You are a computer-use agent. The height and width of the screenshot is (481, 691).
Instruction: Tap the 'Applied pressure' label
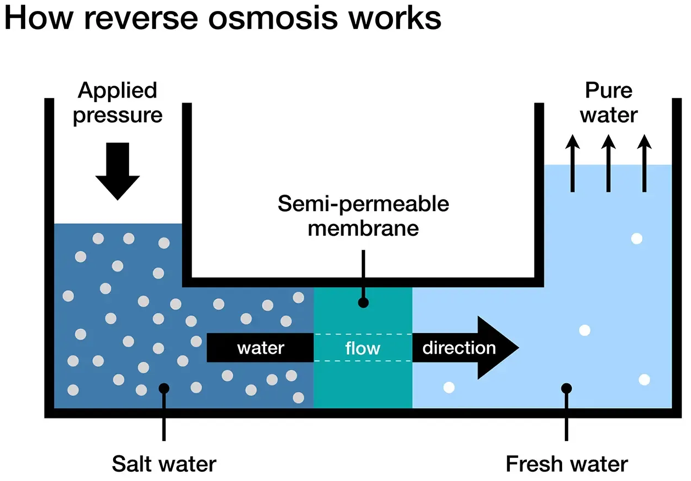[117, 103]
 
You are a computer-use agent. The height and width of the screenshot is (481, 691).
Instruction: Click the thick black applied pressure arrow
[117, 170]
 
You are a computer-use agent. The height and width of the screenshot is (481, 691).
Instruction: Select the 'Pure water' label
[609, 103]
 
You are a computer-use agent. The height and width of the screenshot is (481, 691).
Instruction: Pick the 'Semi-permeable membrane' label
[363, 215]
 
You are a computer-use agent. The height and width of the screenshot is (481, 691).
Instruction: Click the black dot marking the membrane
[363, 302]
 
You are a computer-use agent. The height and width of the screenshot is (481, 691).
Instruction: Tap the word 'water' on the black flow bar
[261, 348]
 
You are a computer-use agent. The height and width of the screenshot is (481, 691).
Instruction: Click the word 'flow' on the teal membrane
[363, 348]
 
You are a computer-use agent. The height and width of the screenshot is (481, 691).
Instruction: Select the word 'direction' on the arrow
[459, 348]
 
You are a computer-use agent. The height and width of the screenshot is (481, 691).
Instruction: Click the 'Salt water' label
[164, 464]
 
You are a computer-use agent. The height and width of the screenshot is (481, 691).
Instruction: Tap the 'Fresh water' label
[566, 464]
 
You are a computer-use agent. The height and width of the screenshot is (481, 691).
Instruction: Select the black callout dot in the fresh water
[567, 388]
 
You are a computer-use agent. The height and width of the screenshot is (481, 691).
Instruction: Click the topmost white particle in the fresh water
[637, 239]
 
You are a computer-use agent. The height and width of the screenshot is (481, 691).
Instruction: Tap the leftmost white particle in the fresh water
[449, 387]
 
